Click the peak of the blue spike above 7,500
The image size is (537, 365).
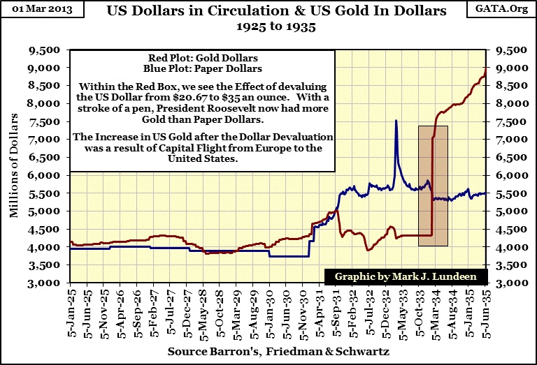point(396,121)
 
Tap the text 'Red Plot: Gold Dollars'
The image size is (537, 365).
point(203,57)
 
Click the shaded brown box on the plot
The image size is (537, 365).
point(433,185)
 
